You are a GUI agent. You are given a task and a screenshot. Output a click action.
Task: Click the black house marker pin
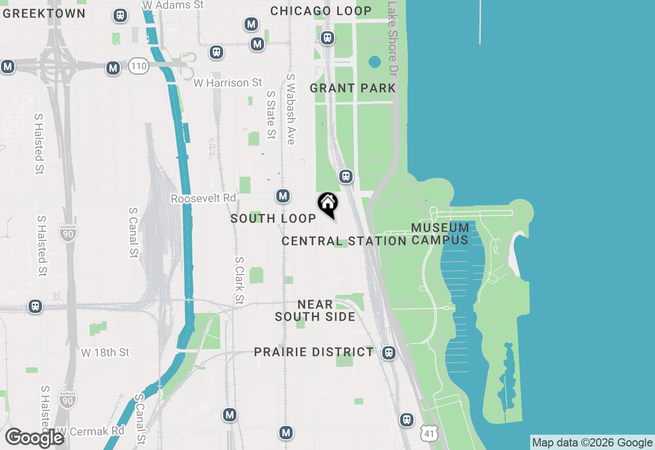pyautogui.click(x=327, y=204)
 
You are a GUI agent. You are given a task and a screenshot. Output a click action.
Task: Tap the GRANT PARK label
pyautogui.click(x=353, y=88)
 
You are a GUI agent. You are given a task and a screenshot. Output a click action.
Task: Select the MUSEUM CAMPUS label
pyautogui.click(x=440, y=234)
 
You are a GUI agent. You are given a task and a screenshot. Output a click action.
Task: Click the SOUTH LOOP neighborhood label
pyautogui.click(x=273, y=219)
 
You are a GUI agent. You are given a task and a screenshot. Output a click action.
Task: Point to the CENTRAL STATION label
pyautogui.click(x=344, y=241)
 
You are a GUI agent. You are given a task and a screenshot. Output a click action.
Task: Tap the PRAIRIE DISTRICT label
pyautogui.click(x=314, y=352)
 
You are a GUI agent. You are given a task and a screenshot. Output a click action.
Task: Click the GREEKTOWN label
pyautogui.click(x=44, y=14)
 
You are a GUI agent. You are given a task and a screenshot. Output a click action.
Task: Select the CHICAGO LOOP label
pyautogui.click(x=321, y=11)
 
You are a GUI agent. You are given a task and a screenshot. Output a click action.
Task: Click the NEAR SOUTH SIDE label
pyautogui.click(x=315, y=311)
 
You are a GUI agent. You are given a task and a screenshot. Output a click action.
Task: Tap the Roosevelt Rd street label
pyautogui.click(x=204, y=198)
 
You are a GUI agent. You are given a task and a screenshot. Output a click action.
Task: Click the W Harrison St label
pyautogui.click(x=228, y=83)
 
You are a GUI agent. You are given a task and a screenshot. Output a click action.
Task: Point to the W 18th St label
pyautogui.click(x=105, y=353)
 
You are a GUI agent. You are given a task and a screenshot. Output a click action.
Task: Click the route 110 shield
pyautogui.click(x=139, y=66)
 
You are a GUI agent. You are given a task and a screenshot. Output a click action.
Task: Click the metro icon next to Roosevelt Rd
pyautogui.click(x=283, y=196)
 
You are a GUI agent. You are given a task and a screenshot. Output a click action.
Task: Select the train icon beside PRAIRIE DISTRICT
pyautogui.click(x=389, y=353)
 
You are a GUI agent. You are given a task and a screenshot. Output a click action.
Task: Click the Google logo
pyautogui.click(x=34, y=438)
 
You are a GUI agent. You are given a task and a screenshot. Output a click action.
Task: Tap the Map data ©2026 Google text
pyautogui.click(x=592, y=443)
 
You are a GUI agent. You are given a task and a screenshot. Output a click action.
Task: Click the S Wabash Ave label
pyautogui.click(x=291, y=109)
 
